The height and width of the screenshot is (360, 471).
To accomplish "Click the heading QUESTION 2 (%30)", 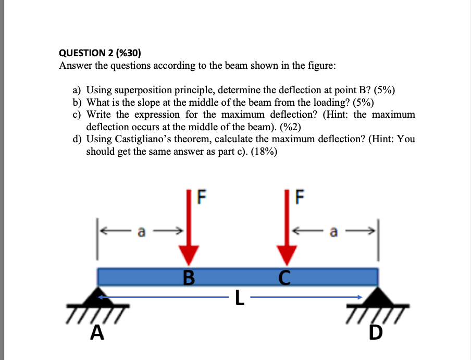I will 100,53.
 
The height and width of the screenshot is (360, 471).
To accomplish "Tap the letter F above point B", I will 202,196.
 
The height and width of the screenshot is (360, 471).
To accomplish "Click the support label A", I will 96,332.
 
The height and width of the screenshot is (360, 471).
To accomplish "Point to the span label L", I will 239,297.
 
